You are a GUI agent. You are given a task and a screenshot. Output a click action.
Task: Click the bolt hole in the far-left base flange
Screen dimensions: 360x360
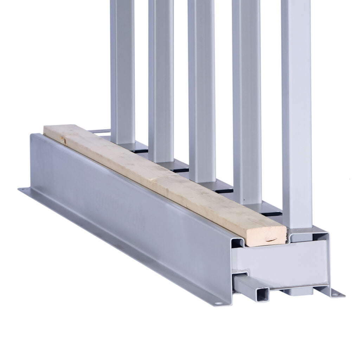click(24, 190)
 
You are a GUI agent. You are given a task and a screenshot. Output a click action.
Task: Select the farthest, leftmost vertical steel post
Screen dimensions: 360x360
click(122, 70)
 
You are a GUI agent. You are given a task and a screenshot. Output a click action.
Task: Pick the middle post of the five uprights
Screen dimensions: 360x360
click(201, 88)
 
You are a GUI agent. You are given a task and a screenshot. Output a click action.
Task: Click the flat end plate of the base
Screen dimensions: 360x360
click(281, 264)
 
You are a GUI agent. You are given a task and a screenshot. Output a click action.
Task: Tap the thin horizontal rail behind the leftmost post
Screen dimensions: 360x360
click(98, 131)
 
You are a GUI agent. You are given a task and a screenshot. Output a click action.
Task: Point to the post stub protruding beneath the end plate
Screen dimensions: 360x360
click(299, 291)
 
